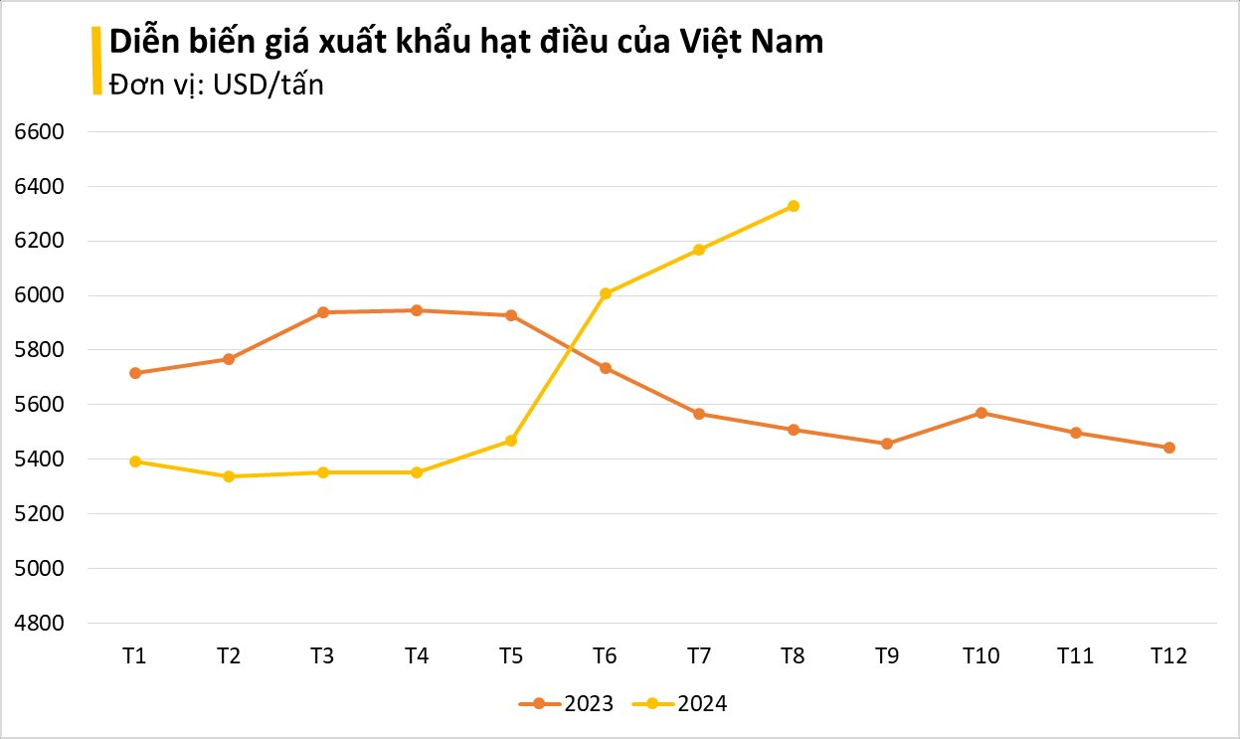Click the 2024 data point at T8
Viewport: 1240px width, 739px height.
pos(794,206)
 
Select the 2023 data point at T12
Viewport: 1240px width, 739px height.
pos(1169,448)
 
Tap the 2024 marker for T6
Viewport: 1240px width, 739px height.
pos(606,293)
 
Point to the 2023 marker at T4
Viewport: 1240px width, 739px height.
pos(417,310)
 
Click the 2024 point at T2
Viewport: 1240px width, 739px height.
pos(229,476)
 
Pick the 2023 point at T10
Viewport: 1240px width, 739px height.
pos(981,413)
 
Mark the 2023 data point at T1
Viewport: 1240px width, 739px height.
pos(135,373)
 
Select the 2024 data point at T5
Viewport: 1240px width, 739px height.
pos(511,441)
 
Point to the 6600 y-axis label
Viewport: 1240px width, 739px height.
pos(38,131)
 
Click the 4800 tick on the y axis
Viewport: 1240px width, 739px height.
pos(38,624)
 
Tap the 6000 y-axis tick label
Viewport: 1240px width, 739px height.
pos(38,295)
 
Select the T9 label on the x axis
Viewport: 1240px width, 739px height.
pos(887,656)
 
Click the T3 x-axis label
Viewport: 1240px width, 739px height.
pos(322,656)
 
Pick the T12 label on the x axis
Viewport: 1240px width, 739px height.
pos(1169,656)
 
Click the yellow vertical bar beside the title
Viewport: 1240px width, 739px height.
pos(96,61)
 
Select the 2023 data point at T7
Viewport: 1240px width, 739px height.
pos(699,414)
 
